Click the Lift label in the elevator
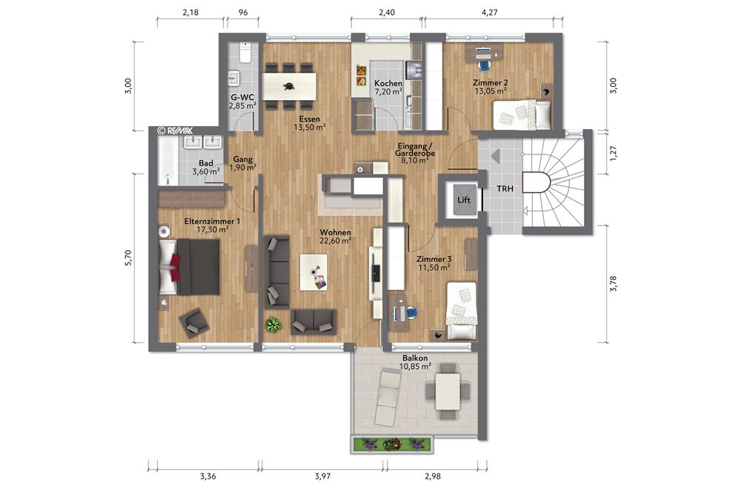point(464,200)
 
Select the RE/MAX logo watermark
point(176,130)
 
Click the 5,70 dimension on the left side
point(128,258)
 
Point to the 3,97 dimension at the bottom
point(322,476)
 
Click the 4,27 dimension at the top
point(489,12)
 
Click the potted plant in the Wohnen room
point(273,324)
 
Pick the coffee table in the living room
point(313,272)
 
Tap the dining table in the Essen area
point(290,82)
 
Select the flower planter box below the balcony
point(391,445)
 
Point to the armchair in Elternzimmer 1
point(195,321)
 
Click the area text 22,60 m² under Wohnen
point(335,240)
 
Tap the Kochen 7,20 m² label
point(388,88)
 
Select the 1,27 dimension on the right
point(612,157)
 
